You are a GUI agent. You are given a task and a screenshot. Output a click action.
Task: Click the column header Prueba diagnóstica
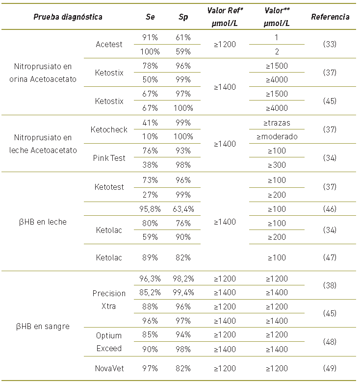pyautogui.click(x=68, y=17)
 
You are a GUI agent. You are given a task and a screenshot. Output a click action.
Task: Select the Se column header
pyautogui.click(x=151, y=17)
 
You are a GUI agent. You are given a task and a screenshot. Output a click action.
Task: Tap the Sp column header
pyautogui.click(x=183, y=17)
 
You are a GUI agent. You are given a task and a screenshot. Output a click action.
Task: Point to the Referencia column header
pyautogui.click(x=330, y=17)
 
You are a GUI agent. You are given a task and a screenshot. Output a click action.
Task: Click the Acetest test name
pyautogui.click(x=109, y=44)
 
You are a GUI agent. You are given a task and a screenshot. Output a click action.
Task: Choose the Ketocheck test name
pyautogui.click(x=109, y=130)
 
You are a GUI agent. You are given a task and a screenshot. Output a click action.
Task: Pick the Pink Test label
pyautogui.click(x=109, y=158)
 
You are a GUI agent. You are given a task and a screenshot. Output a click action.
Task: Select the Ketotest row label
pyautogui.click(x=109, y=187)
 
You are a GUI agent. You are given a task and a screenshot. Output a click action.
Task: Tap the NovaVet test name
pyautogui.click(x=109, y=367)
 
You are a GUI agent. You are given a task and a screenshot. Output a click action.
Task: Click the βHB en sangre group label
pyautogui.click(x=43, y=326)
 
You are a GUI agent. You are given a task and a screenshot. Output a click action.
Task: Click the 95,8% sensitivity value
pyautogui.click(x=151, y=209)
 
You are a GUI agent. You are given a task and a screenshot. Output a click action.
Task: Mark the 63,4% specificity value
pyautogui.click(x=183, y=209)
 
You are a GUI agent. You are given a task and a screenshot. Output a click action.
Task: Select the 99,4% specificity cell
pyautogui.click(x=183, y=293)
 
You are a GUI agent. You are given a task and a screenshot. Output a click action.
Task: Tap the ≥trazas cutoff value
pyautogui.click(x=277, y=123)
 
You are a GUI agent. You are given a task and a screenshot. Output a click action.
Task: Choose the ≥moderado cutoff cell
pyautogui.click(x=277, y=137)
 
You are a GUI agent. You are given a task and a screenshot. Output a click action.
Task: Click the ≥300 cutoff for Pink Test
pyautogui.click(x=277, y=165)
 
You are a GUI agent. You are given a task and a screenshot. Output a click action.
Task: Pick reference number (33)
pyautogui.click(x=330, y=44)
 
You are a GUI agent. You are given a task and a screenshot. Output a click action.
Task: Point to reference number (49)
pyautogui.click(x=330, y=367)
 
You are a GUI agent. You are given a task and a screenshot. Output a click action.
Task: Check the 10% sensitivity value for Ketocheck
pyautogui.click(x=151, y=137)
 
